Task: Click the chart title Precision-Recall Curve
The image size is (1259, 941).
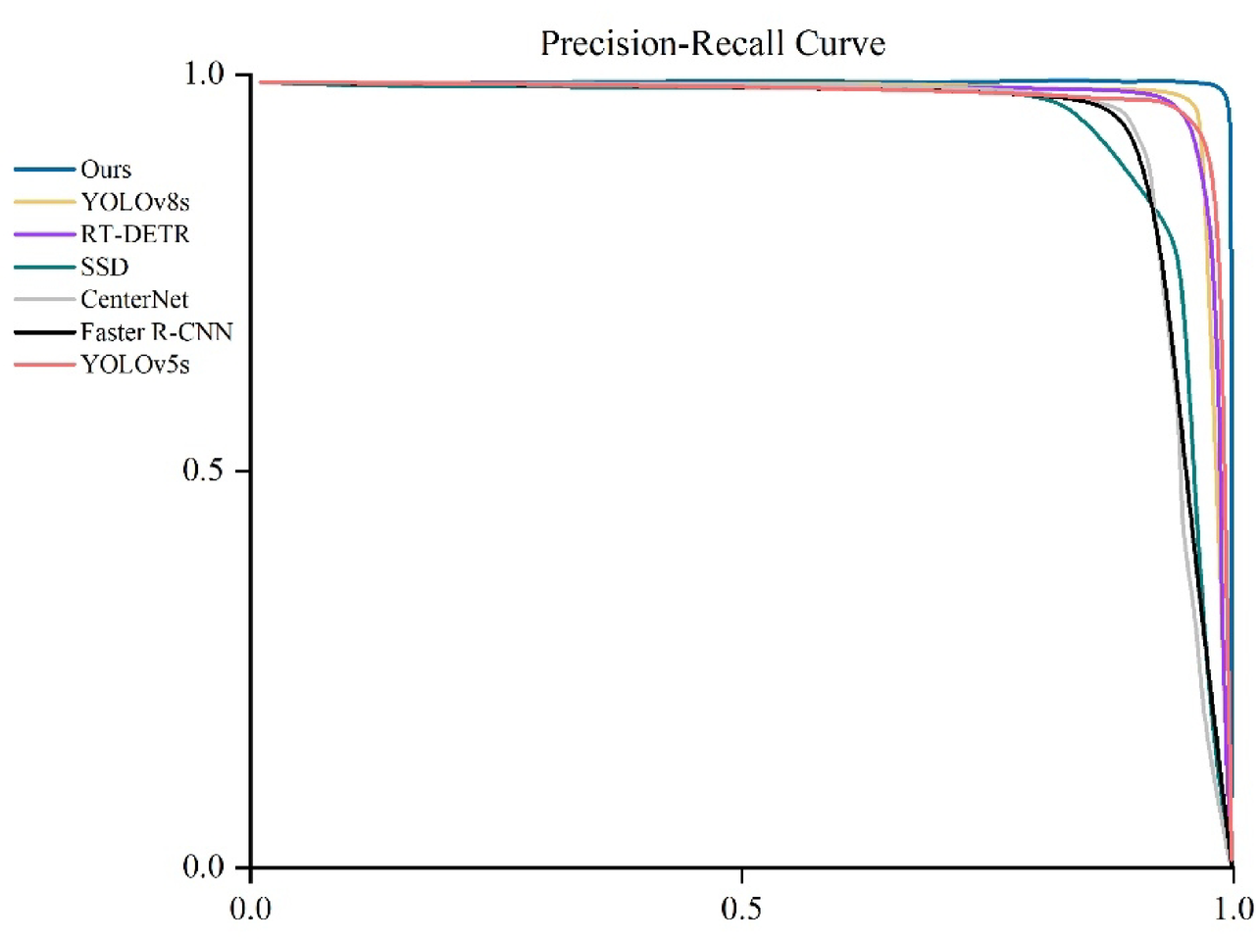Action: (x=713, y=44)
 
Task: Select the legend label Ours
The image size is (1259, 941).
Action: (x=106, y=170)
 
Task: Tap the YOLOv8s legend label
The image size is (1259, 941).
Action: (x=135, y=202)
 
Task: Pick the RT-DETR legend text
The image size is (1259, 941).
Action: (x=135, y=234)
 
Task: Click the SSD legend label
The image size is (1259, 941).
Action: (x=105, y=267)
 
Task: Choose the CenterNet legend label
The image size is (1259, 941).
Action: (x=134, y=299)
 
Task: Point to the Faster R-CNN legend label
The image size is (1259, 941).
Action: (x=157, y=332)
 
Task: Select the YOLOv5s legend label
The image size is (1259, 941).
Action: (x=135, y=365)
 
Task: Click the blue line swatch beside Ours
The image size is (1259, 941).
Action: (x=45, y=170)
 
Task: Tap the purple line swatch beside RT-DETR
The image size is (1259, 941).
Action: (x=45, y=234)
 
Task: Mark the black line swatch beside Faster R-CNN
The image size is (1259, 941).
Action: (x=45, y=332)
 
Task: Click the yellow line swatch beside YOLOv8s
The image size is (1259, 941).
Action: (x=45, y=202)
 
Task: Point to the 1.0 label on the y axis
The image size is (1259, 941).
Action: (x=204, y=74)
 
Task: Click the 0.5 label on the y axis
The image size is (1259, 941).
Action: (x=203, y=470)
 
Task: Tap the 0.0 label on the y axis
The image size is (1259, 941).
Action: (x=203, y=867)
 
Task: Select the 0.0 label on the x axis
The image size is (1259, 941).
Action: (x=250, y=909)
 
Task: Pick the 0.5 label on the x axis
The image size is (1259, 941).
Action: (x=740, y=909)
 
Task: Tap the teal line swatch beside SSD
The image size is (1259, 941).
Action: (x=45, y=267)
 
